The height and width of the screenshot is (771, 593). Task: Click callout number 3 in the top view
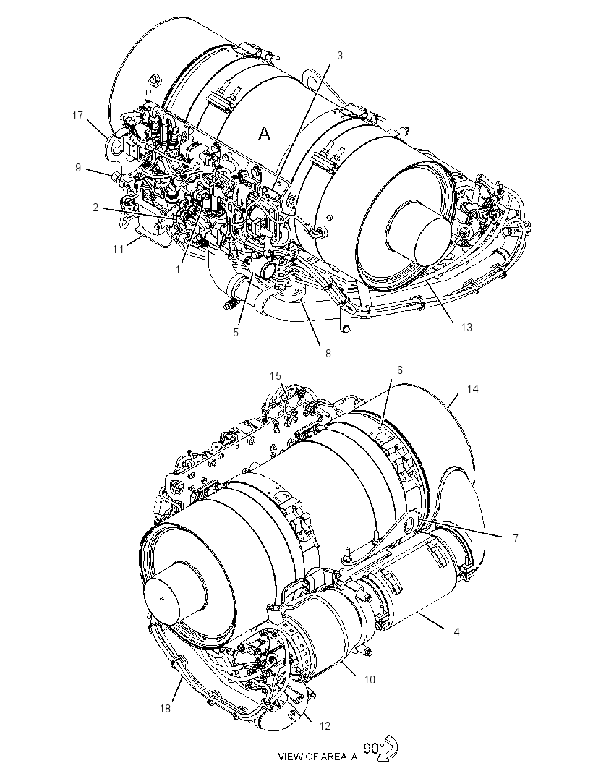tap(339, 56)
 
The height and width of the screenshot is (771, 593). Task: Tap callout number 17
tap(77, 116)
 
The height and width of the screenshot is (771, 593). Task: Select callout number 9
tap(78, 168)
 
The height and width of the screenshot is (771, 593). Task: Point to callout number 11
tap(119, 250)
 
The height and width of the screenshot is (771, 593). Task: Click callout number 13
tap(466, 327)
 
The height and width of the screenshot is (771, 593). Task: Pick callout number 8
tap(328, 353)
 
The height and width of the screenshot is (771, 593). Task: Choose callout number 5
tap(236, 333)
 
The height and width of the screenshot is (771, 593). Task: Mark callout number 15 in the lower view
tap(276, 375)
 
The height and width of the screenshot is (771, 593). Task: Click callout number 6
tap(400, 370)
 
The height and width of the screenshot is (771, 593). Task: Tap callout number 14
tap(472, 389)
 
